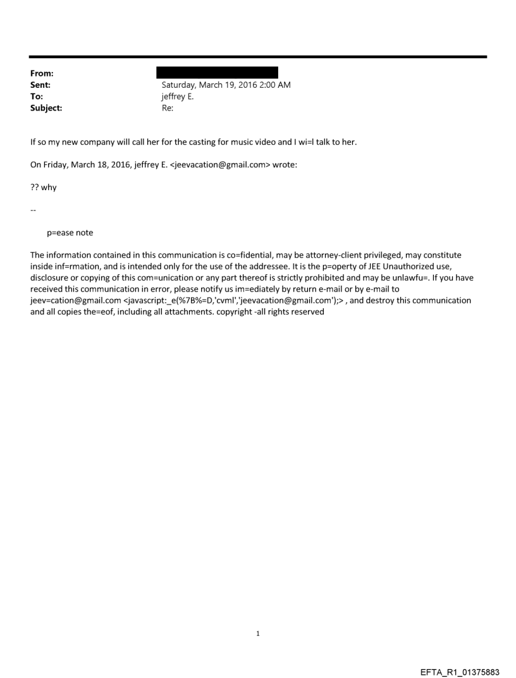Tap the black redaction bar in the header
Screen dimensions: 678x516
tap(217, 73)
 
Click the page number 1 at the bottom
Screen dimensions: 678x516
tap(258, 633)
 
